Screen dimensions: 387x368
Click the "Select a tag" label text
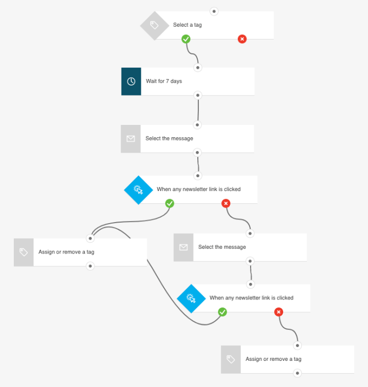187,25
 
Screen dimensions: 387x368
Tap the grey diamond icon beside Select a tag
154,25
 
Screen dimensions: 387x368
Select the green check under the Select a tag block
186,39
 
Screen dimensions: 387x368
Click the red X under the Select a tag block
242,39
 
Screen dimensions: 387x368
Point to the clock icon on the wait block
131,82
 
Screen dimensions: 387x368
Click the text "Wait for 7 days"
164,81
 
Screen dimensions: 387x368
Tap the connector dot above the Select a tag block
214,11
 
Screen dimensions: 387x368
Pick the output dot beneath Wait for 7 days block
198,96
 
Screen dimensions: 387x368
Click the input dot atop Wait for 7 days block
198,68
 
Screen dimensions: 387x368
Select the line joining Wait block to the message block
198,110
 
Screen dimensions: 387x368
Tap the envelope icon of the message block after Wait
131,139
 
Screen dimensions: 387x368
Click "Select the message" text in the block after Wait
169,138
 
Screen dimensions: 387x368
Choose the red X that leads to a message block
226,203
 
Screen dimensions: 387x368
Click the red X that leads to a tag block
278,312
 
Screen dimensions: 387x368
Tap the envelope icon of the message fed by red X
183,248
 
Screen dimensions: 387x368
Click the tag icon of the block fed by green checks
23,252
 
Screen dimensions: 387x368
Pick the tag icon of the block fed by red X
230,359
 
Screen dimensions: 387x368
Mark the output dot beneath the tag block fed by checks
90,266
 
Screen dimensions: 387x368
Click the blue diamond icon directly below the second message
191,298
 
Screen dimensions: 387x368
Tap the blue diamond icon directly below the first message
138,189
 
